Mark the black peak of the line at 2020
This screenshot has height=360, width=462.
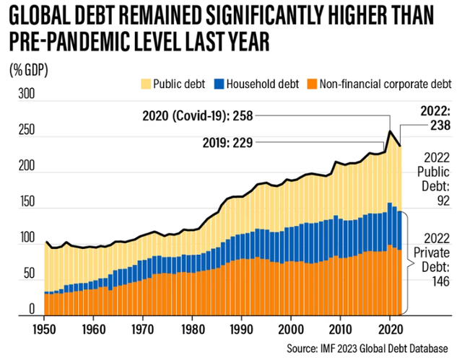click(x=391, y=131)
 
